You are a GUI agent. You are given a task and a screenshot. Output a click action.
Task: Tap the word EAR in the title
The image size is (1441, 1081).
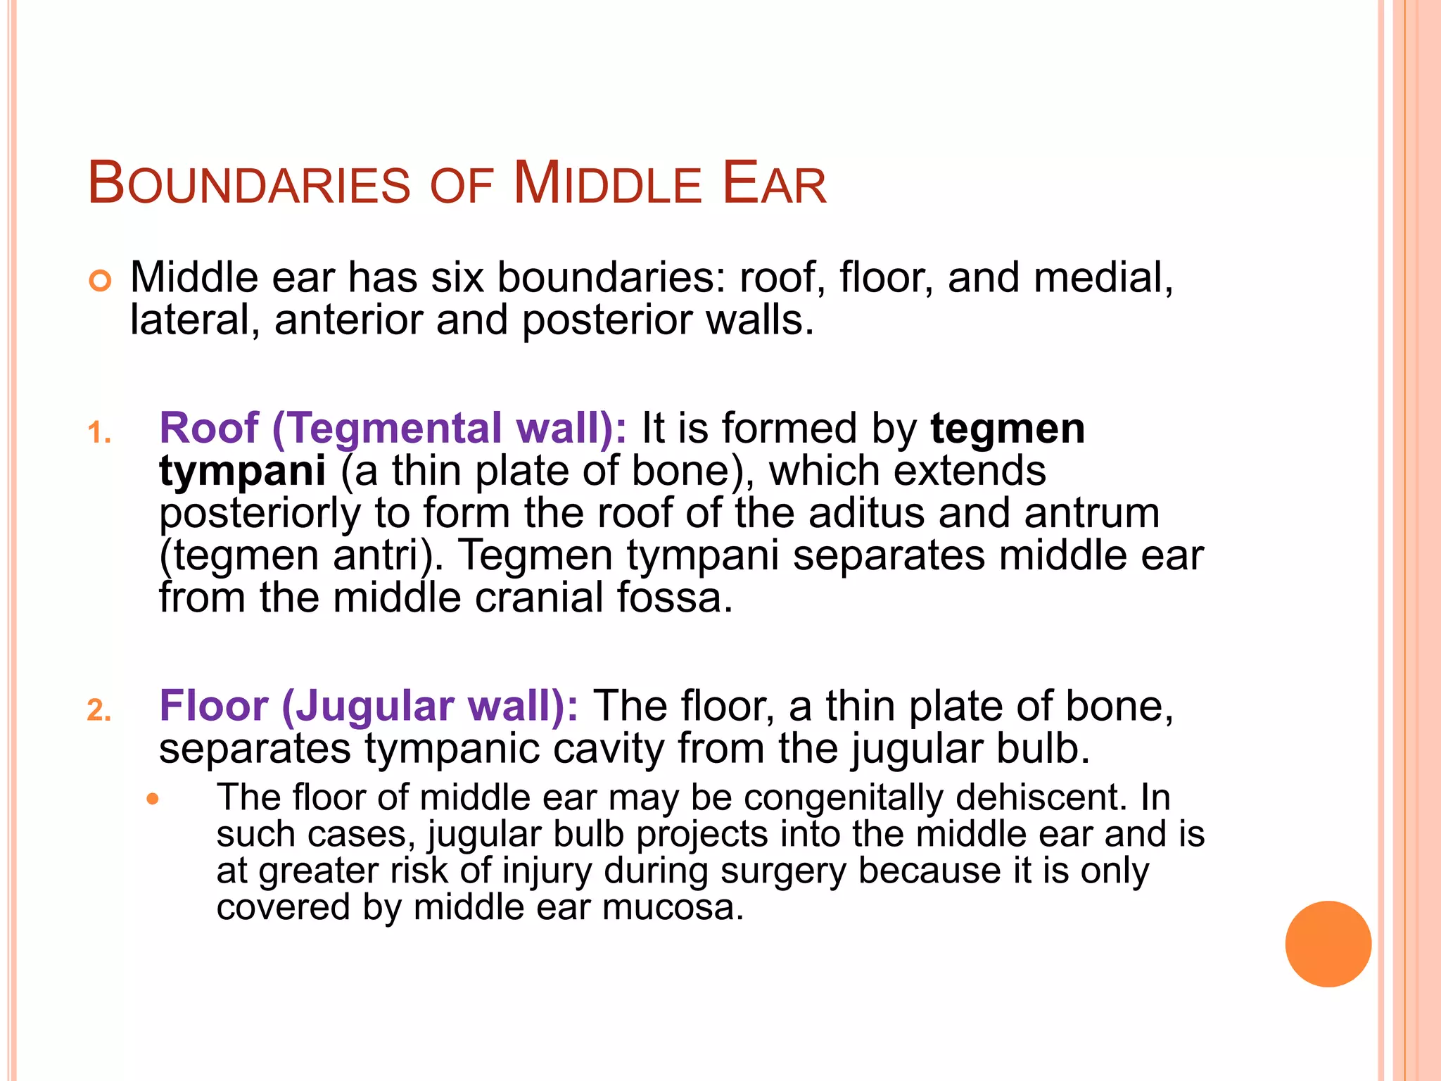(x=774, y=184)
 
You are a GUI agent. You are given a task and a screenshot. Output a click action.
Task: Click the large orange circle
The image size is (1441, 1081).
(x=1328, y=944)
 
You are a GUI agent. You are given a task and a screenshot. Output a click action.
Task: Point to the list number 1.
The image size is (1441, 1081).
(x=99, y=433)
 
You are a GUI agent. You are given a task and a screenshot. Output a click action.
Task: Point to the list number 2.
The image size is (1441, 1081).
(x=99, y=710)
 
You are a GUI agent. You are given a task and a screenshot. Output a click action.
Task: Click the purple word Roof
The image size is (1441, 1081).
(x=209, y=428)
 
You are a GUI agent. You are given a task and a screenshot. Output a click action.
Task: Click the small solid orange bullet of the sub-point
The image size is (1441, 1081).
(x=153, y=799)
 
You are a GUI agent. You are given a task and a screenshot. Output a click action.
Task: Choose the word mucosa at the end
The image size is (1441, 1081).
(x=673, y=906)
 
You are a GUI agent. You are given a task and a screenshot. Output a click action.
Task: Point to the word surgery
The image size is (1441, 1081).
(x=782, y=871)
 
